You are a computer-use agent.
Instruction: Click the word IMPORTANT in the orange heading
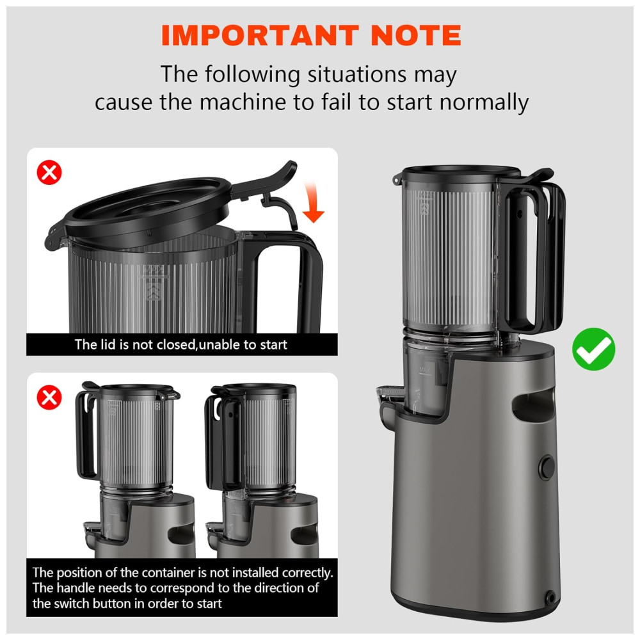[x=260, y=35]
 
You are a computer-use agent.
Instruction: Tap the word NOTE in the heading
[x=416, y=35]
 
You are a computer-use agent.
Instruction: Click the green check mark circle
[x=593, y=349]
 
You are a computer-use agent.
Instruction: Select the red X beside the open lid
[x=49, y=172]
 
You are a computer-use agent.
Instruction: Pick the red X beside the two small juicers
[x=49, y=397]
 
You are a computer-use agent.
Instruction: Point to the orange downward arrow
[x=313, y=203]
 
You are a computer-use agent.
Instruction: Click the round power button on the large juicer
[x=547, y=467]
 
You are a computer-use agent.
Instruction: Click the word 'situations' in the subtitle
[x=356, y=74]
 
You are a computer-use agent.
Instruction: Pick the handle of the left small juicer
[x=86, y=433]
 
